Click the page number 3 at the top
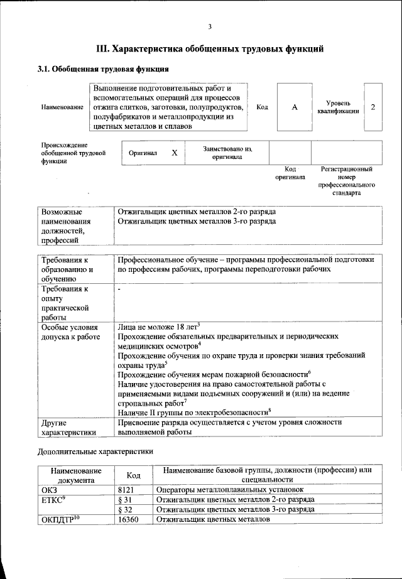coord(210,26)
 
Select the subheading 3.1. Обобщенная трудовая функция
coord(103,69)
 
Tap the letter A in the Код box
coord(294,107)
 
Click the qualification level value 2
coord(373,107)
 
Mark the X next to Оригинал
coord(175,153)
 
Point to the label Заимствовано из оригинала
coord(227,153)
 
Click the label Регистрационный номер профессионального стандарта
coord(347,181)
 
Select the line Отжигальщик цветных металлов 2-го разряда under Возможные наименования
coord(196,212)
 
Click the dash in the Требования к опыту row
coord(119,289)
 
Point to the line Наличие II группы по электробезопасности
coord(193,411)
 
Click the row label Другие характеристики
coord(68,428)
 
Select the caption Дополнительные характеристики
coord(95,451)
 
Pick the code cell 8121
coord(127,489)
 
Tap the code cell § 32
coord(127,509)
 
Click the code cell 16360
coord(129,520)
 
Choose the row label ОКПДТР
coord(59,520)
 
